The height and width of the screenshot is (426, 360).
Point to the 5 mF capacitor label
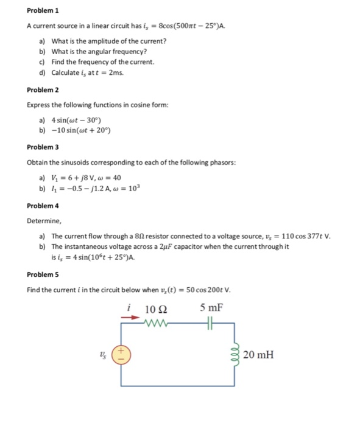213,309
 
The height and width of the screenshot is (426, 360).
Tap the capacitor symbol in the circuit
212,323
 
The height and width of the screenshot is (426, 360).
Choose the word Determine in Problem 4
43,222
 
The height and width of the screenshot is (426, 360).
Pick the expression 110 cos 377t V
303,236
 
